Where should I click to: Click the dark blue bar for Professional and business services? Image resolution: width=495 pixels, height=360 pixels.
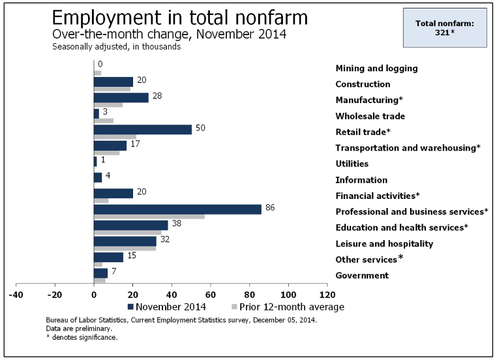pyautogui.click(x=177, y=209)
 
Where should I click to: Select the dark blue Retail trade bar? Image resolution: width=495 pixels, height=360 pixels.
pyautogui.click(x=143, y=129)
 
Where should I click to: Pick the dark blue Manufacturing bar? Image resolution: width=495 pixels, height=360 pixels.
pyautogui.click(x=121, y=98)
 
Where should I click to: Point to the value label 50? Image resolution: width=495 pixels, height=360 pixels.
pyautogui.click(x=201, y=128)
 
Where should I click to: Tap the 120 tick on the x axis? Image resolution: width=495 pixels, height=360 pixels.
pyautogui.click(x=327, y=293)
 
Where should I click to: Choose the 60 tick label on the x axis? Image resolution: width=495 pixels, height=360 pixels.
pyautogui.click(x=211, y=293)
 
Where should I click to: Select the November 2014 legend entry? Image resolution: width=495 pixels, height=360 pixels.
pyautogui.click(x=166, y=306)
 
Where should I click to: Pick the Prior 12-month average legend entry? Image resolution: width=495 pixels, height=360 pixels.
pyautogui.click(x=288, y=306)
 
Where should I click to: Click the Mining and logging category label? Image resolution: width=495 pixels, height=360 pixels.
pyautogui.click(x=376, y=68)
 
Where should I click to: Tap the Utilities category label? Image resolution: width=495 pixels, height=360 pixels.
pyautogui.click(x=352, y=164)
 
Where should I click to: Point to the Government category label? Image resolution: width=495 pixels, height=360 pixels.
pyautogui.click(x=361, y=275)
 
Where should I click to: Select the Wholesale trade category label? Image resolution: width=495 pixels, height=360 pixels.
pyautogui.click(x=370, y=116)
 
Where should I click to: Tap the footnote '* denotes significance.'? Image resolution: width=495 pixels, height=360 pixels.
pyautogui.click(x=82, y=338)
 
